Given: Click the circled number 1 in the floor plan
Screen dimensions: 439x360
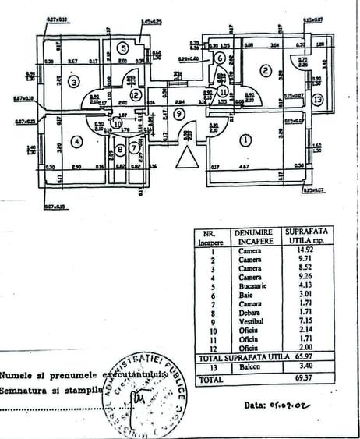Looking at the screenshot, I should click(245, 141).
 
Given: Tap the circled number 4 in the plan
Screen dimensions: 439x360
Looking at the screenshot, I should click(76, 141).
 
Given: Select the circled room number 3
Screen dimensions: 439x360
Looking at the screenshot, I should click(74, 81).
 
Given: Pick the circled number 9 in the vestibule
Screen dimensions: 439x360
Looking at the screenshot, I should click(180, 114).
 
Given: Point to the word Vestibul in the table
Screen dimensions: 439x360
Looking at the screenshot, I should click(251, 320).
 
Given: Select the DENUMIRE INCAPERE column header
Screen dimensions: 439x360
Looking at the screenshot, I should click(250, 237).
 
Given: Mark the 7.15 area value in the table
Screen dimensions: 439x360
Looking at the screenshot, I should click(300, 320).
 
